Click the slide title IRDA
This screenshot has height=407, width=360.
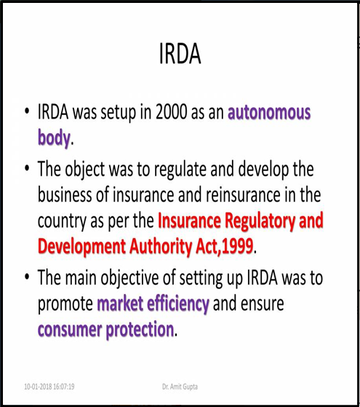click(180, 53)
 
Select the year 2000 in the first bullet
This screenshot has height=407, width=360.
click(172, 112)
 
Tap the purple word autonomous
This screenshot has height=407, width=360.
click(269, 112)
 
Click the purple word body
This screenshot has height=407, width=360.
click(54, 138)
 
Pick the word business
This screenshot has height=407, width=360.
click(65, 194)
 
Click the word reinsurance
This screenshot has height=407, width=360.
click(243, 194)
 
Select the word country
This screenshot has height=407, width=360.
click(62, 221)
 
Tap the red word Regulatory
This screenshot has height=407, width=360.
click(260, 221)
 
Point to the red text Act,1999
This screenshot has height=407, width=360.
click(224, 246)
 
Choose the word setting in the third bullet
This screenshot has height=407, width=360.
click(201, 279)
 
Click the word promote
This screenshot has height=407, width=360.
click(65, 304)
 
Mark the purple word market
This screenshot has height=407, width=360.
click(120, 304)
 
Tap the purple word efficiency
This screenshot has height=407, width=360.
click(178, 304)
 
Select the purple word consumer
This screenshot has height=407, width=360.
click(70, 330)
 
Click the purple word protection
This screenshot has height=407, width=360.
click(140, 330)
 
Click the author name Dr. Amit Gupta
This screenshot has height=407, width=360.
click(180, 387)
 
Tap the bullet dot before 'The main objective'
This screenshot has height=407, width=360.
click(27, 277)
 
